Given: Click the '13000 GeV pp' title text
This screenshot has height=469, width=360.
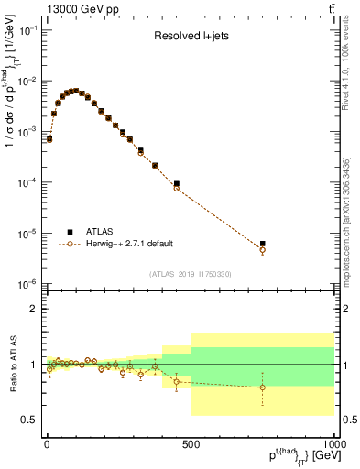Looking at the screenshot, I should coord(70,8).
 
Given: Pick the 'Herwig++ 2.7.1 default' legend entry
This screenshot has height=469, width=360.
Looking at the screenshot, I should coord(127,244).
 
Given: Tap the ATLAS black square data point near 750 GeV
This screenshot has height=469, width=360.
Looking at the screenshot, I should coord(262,244).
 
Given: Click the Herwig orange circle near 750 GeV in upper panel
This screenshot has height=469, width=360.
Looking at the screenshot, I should coord(262,249).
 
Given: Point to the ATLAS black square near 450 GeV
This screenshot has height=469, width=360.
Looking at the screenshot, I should coord(176,184).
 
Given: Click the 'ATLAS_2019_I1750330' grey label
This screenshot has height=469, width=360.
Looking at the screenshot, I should coord(190,273).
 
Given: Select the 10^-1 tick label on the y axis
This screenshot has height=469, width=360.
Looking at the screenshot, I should coord(28,30).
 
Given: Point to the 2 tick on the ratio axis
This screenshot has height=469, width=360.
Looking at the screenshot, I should coord(34,309).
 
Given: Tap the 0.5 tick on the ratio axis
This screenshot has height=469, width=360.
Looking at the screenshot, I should coord(29,420).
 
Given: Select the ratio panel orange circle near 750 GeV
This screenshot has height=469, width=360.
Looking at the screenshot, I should coord(262,387).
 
